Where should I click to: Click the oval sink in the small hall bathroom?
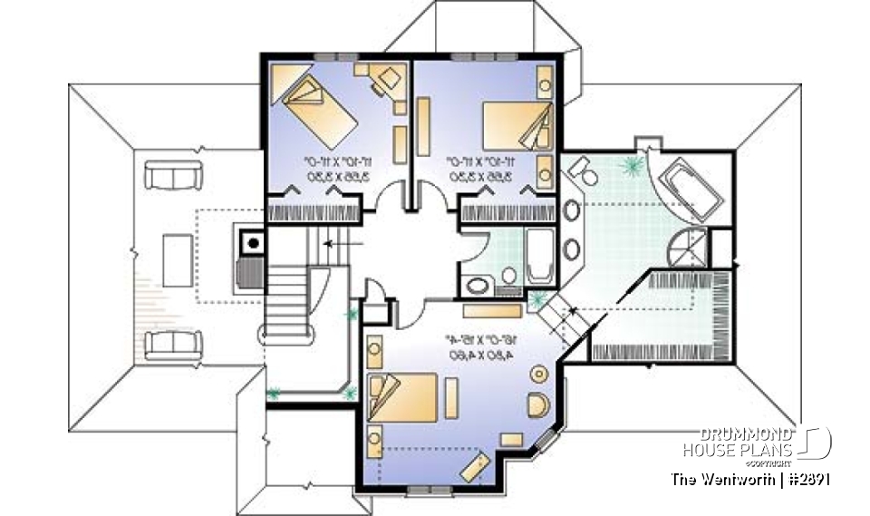coord(477,286)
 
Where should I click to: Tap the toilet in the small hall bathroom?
coord(508,276)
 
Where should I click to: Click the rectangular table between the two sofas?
coord(177,259)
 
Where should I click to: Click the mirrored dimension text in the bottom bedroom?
coord(482,348)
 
